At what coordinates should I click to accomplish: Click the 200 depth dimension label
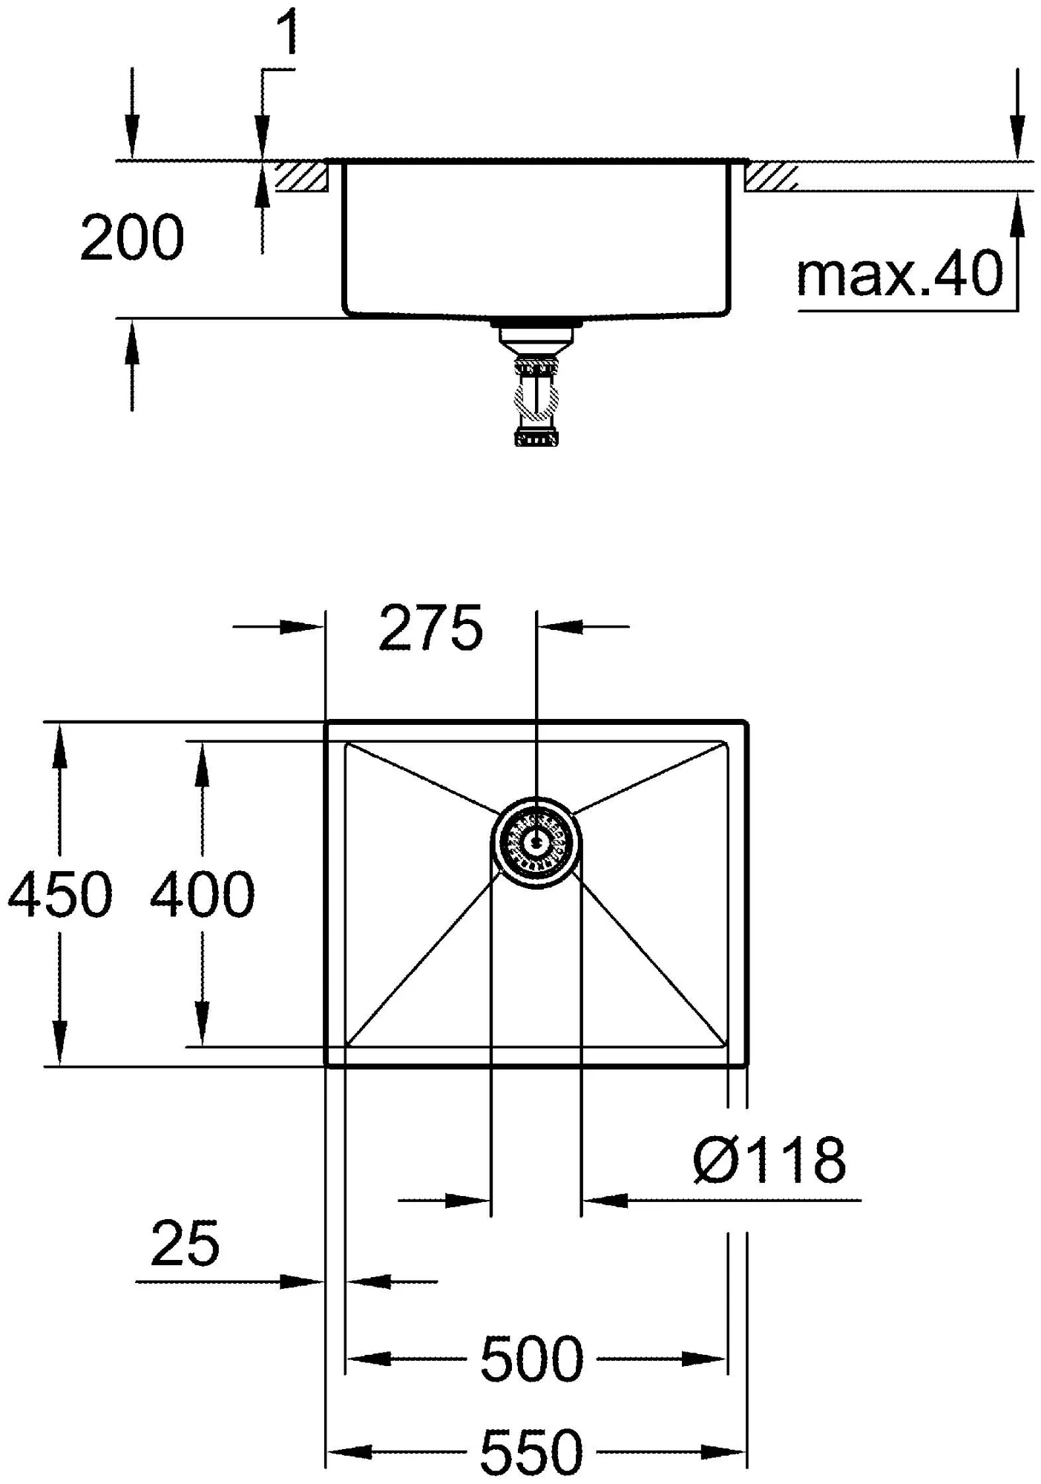click(x=131, y=238)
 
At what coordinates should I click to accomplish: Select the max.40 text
click(x=899, y=274)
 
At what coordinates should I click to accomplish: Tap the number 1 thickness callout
click(x=286, y=34)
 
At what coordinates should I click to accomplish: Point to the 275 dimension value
click(x=430, y=628)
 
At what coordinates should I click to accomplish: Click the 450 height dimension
click(x=59, y=893)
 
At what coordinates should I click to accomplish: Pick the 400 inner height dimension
click(x=202, y=893)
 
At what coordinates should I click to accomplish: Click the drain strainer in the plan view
click(x=536, y=841)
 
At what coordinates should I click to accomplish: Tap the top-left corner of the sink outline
click(x=327, y=722)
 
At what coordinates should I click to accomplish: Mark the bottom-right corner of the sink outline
click(x=746, y=1065)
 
